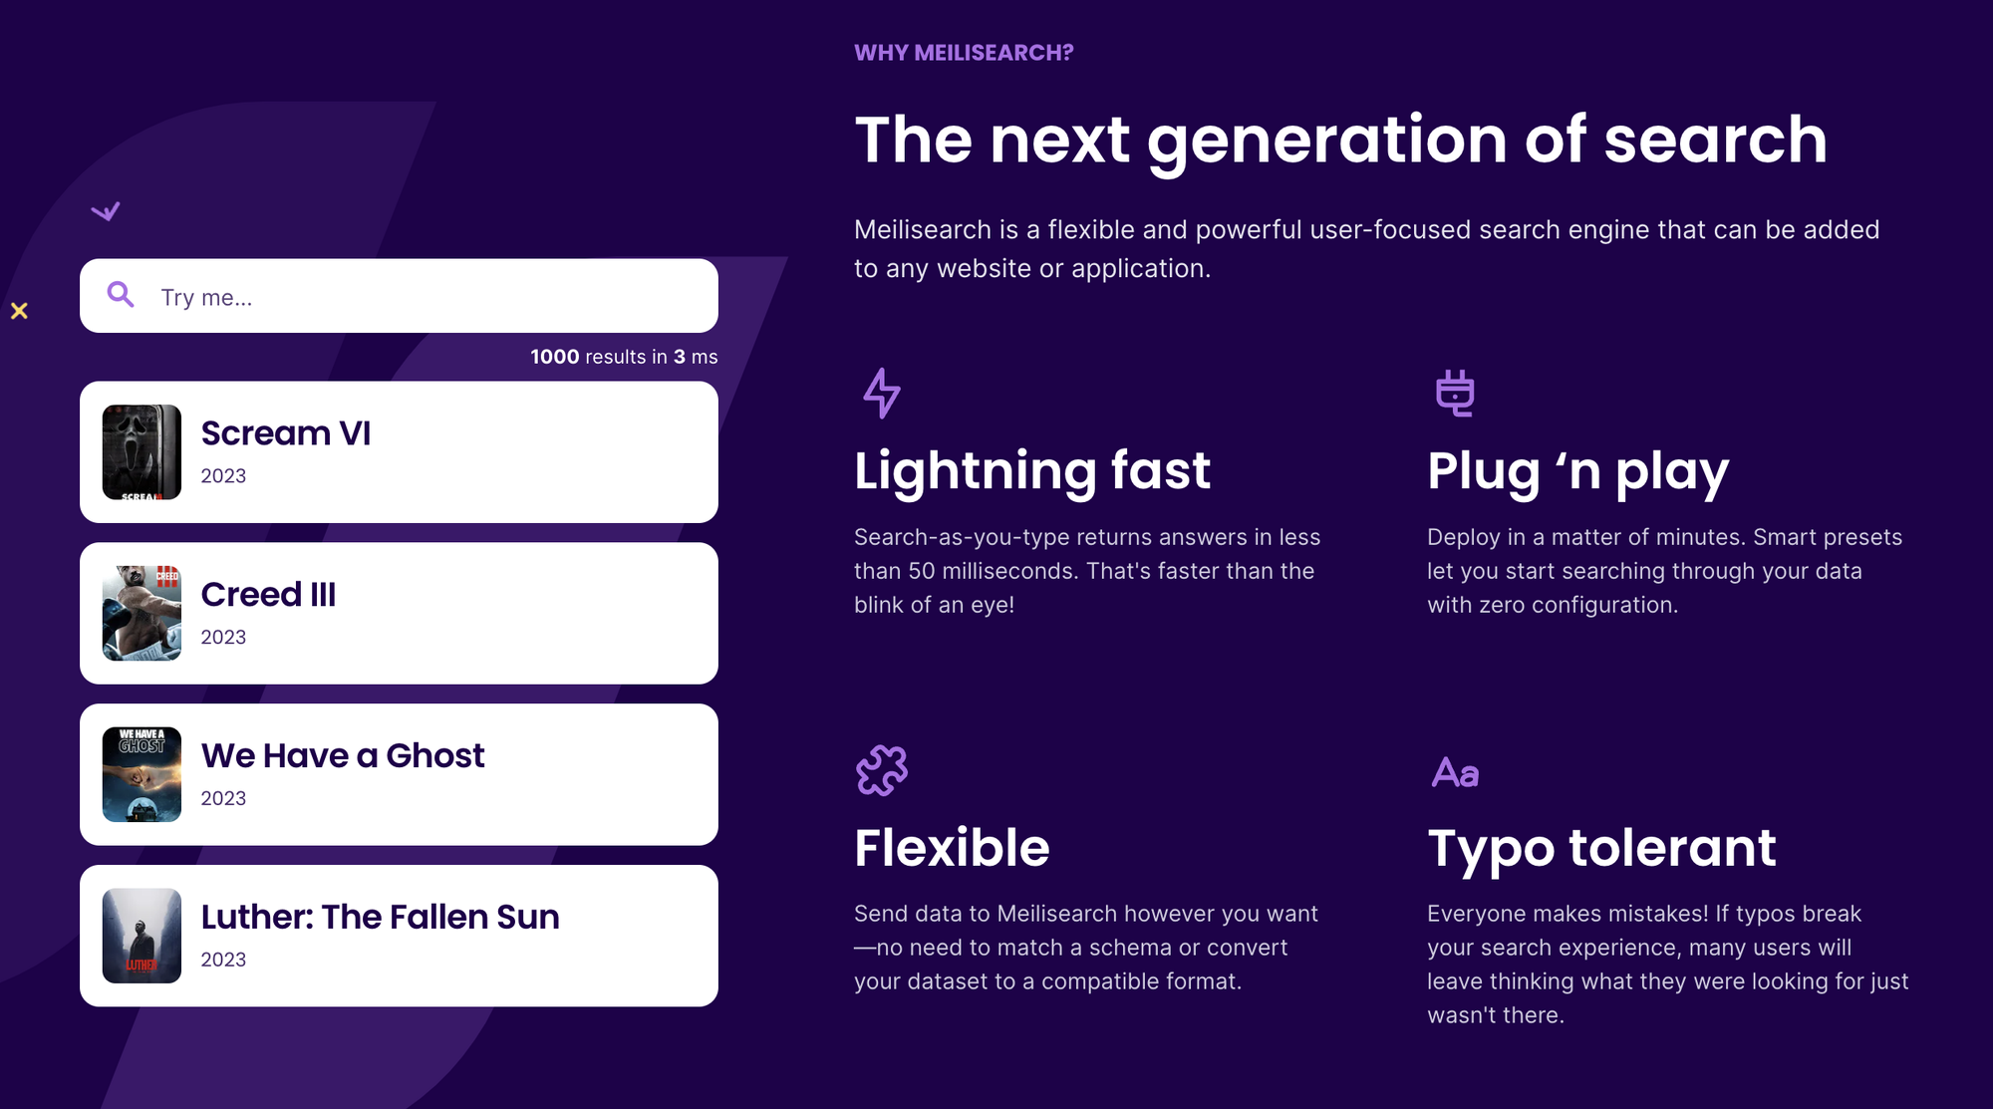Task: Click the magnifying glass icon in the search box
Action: (x=121, y=295)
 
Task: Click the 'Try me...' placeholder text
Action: (x=206, y=298)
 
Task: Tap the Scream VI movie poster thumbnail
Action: (x=142, y=452)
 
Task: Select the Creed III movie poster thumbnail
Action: (x=142, y=614)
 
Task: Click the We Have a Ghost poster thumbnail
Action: (x=142, y=775)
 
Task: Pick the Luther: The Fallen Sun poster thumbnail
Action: (x=142, y=937)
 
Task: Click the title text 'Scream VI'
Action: (x=286, y=433)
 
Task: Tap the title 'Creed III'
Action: (x=268, y=595)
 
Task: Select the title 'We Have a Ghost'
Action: (x=343, y=756)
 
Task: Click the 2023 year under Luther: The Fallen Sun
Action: (x=223, y=960)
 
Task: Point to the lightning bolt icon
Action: (x=882, y=393)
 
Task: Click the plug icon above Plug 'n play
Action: (x=1455, y=393)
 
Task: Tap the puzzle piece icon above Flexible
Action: (x=882, y=770)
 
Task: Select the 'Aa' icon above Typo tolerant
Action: (x=1455, y=772)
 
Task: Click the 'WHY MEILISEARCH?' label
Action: (x=964, y=53)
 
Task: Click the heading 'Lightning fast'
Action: (x=1032, y=470)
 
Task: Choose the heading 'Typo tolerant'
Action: (x=1601, y=849)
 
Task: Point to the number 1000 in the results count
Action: (x=555, y=357)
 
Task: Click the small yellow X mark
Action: (x=19, y=311)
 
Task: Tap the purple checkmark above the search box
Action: (x=106, y=211)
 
